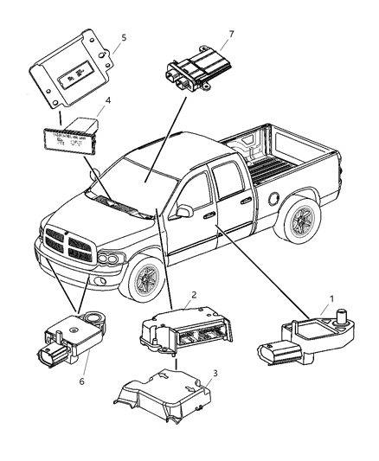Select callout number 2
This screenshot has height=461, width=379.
coord(195,295)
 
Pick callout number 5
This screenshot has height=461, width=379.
coord(124,38)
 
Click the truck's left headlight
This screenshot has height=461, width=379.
coord(111,257)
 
